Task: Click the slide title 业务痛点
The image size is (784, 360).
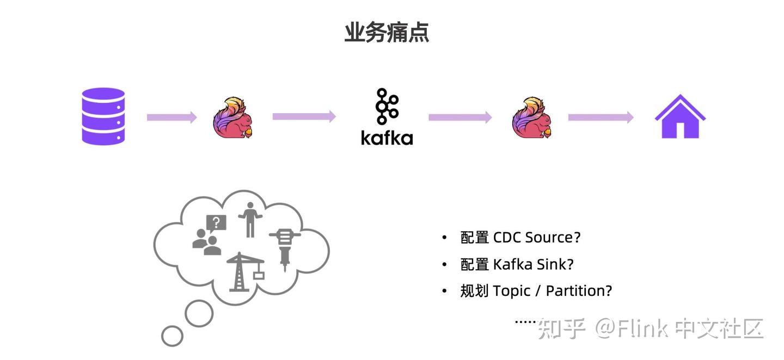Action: point(387,33)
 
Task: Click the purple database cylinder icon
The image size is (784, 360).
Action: point(103,116)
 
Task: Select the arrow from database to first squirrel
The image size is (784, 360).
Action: point(171,117)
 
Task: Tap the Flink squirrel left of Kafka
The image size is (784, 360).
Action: point(232,117)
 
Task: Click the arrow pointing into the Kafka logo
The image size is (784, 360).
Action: point(304,116)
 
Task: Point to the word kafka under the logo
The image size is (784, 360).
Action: point(387,137)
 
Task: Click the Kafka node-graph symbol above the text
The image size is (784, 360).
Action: point(387,106)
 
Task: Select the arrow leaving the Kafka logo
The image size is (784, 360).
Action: point(460,117)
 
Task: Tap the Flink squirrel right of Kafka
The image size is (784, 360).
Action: point(532,117)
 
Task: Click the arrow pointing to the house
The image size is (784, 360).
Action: point(601,117)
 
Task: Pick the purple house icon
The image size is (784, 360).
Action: point(680,116)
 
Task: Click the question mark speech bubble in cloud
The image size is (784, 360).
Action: point(216,222)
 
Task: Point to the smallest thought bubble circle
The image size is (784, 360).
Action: point(173,336)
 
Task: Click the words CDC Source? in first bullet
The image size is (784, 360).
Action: point(537,238)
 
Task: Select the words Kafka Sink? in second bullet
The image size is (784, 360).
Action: point(533,264)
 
